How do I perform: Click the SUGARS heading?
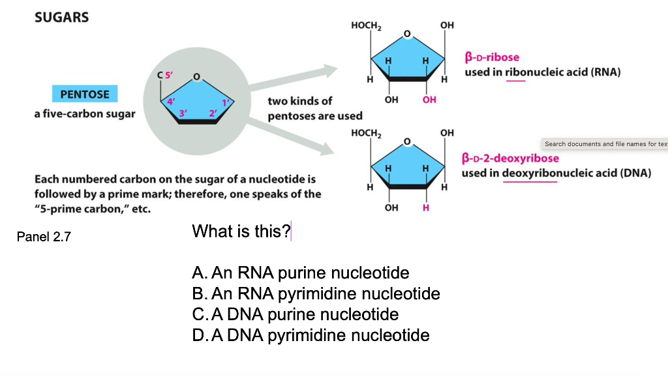point(61,18)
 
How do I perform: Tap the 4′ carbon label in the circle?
point(172,102)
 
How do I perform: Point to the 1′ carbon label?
point(226,102)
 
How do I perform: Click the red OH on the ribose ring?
point(429,100)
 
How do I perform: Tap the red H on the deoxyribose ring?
point(427,208)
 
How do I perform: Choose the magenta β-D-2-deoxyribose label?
point(510,158)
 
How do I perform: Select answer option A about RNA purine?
point(301,273)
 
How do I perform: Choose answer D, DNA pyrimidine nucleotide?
point(311,335)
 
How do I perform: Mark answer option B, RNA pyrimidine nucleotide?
point(316,293)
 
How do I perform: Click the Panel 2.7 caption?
point(44,237)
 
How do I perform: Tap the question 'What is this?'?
point(241,231)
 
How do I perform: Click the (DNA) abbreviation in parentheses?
point(636,173)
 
